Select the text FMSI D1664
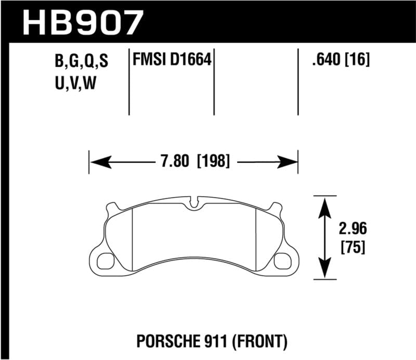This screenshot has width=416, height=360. (172, 61)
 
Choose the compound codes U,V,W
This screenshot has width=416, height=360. (75, 83)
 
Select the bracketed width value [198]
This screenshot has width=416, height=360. (213, 161)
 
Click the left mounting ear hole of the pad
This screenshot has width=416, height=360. (106, 258)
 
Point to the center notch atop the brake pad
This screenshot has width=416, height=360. (196, 202)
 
